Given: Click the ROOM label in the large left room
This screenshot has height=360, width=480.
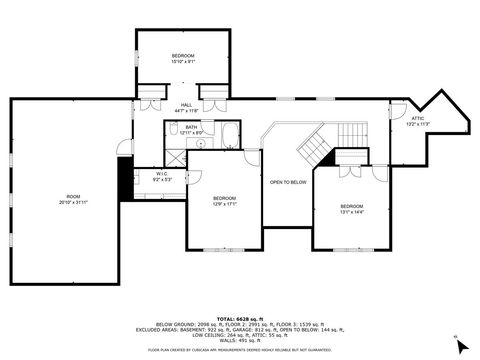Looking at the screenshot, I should pos(72,195).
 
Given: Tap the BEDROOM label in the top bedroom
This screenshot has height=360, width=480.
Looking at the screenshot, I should pos(183,55).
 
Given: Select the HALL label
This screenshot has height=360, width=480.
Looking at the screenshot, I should pos(186,105).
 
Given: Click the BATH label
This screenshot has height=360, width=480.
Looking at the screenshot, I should pos(190,127).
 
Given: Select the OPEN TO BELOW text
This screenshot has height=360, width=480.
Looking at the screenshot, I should pos(287,182).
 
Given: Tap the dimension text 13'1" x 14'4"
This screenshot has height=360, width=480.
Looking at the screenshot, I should pos(352,212).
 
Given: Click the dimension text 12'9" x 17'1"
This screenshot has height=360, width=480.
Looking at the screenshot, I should pos(224,204).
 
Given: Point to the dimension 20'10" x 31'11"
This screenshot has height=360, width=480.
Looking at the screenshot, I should pos(72,202).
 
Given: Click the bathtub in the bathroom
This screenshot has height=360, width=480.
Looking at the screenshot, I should pos(229,134).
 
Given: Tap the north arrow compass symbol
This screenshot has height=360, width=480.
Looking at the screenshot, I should pos(460,346).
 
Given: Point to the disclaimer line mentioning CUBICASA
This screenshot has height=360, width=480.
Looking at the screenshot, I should pos(240,350).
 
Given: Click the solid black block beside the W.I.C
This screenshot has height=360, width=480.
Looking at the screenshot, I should pos(126,180).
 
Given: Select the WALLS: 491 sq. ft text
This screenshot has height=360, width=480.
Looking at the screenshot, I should pos(241,340).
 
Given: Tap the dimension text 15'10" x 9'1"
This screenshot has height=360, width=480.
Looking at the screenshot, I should pos(183,62).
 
